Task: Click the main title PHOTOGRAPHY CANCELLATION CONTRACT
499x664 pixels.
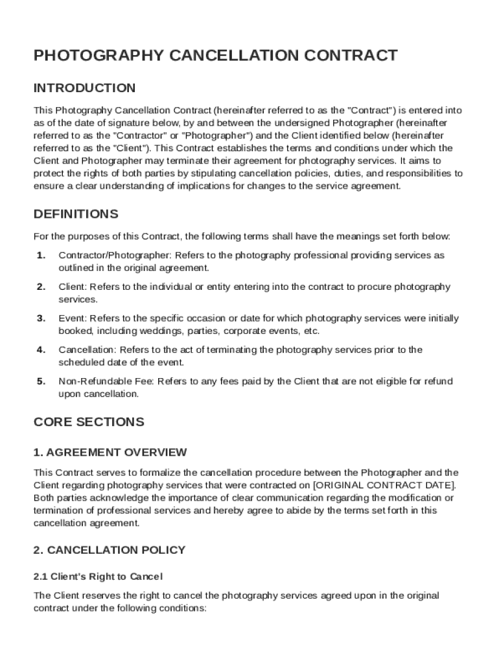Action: coord(215,56)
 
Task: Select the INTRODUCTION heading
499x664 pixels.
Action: coord(84,88)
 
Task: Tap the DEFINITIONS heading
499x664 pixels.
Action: coord(76,214)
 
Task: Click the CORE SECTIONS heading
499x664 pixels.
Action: coord(88,422)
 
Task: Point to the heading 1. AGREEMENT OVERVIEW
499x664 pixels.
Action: coord(110,452)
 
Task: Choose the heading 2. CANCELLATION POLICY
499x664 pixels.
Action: coord(109,550)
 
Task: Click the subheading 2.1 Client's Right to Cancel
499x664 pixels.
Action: coord(98,576)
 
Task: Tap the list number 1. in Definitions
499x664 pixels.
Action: coord(41,255)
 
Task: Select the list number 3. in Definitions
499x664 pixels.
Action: coord(41,318)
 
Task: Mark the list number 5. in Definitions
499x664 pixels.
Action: coord(41,381)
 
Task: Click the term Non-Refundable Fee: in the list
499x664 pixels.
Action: coord(107,381)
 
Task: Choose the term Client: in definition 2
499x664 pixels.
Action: coord(73,287)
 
